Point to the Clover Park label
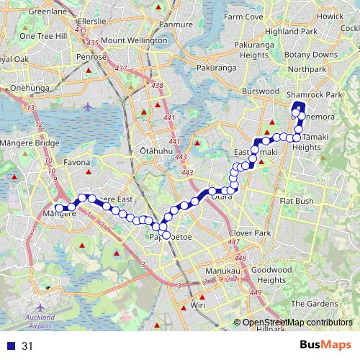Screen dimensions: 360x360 (x=248, y=233)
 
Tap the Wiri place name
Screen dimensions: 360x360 (x=198, y=306)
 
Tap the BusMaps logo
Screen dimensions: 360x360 (x=325, y=345)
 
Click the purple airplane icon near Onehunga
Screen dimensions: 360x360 (x=88, y=107)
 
